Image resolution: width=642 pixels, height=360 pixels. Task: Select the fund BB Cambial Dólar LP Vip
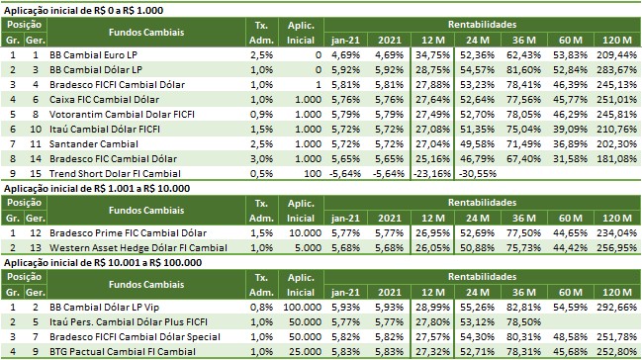[104, 308]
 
